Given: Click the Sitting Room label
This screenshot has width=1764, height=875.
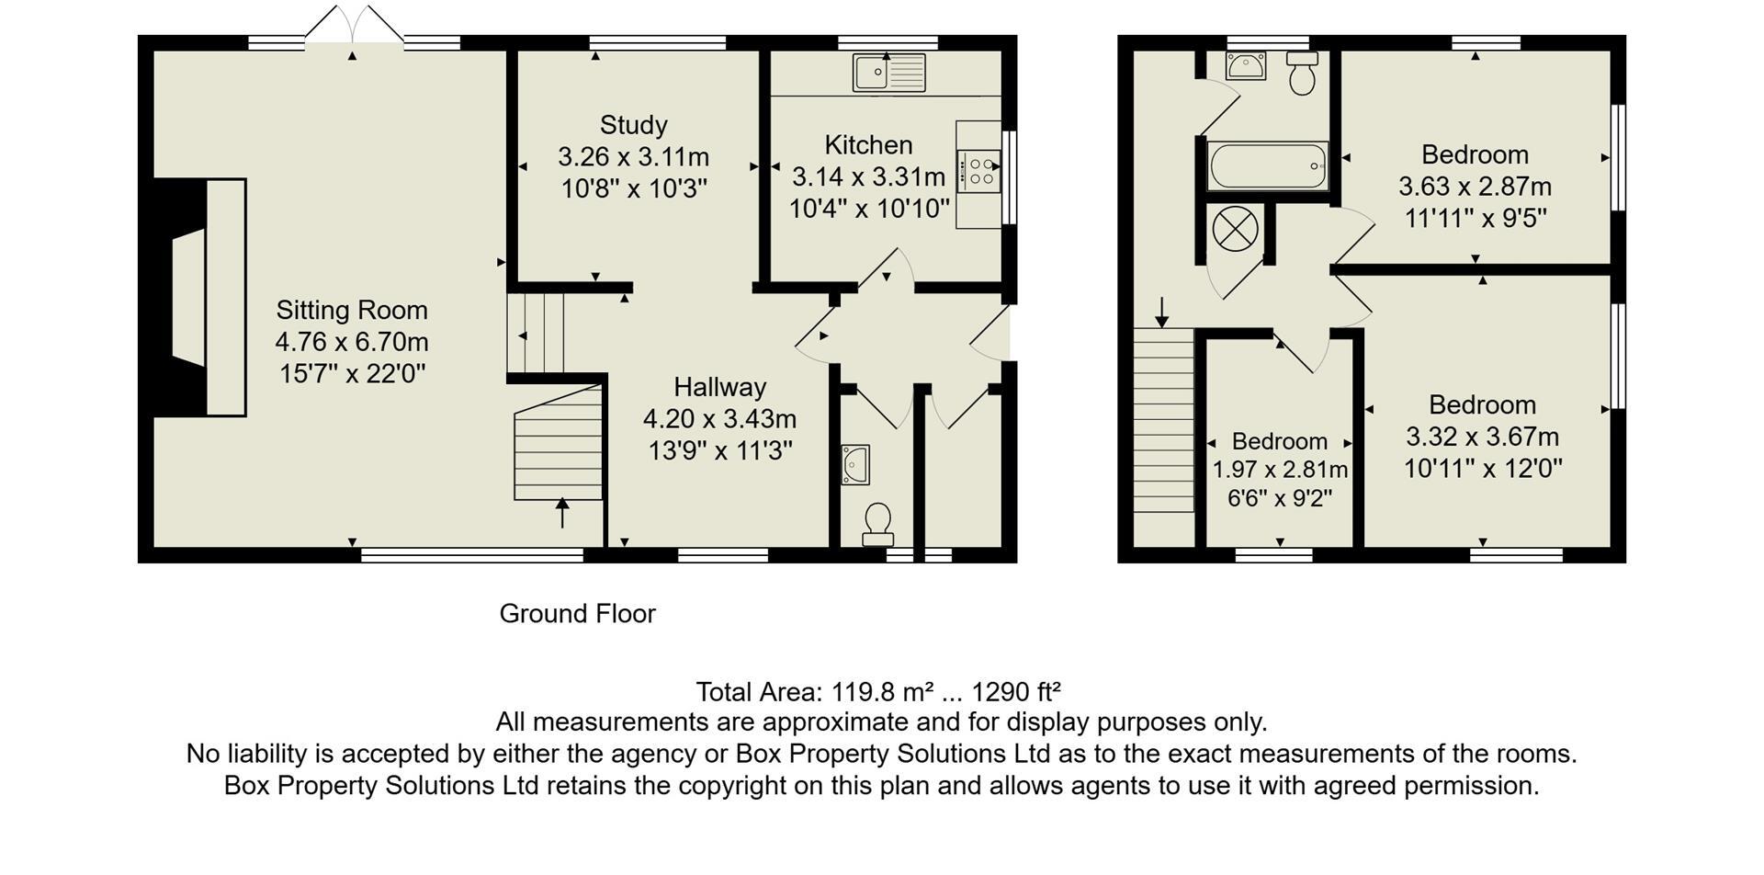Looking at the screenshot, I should (x=352, y=311).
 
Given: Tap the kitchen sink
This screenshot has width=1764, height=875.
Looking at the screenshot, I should (x=888, y=73).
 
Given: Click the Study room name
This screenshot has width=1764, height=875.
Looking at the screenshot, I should (x=633, y=125).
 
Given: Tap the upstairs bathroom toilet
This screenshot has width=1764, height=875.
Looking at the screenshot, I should (x=1303, y=74).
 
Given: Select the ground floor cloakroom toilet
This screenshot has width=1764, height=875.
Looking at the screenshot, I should (x=878, y=524).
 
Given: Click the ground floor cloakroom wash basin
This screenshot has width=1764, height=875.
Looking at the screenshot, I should (x=855, y=464).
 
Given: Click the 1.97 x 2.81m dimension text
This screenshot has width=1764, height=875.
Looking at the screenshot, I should (x=1280, y=471).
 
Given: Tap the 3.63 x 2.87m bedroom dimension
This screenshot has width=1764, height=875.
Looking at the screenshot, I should (x=1475, y=187).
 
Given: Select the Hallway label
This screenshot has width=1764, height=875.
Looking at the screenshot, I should (x=719, y=387).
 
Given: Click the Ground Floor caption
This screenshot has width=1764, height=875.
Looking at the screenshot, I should (x=577, y=614).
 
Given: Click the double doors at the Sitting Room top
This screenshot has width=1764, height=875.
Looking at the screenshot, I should (x=354, y=26).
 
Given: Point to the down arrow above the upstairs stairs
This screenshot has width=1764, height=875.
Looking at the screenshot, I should (x=1162, y=312).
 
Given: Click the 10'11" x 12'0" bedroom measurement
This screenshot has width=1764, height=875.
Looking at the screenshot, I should (x=1482, y=469).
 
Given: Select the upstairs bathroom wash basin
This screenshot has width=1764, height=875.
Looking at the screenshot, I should (x=1247, y=66).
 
